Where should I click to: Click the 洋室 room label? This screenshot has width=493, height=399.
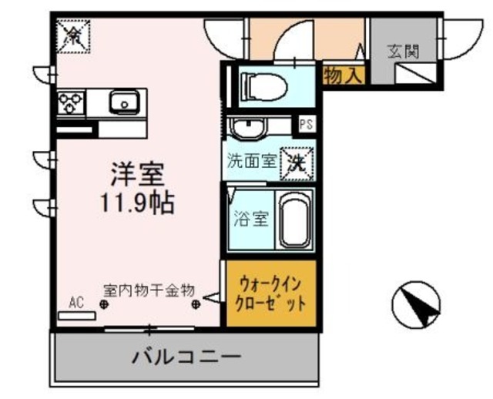(139, 175)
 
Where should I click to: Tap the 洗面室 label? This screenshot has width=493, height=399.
(250, 162)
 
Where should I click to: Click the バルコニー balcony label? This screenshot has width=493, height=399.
(186, 358)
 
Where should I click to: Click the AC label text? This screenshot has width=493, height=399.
(77, 301)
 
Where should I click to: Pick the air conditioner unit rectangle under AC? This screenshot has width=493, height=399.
(78, 314)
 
